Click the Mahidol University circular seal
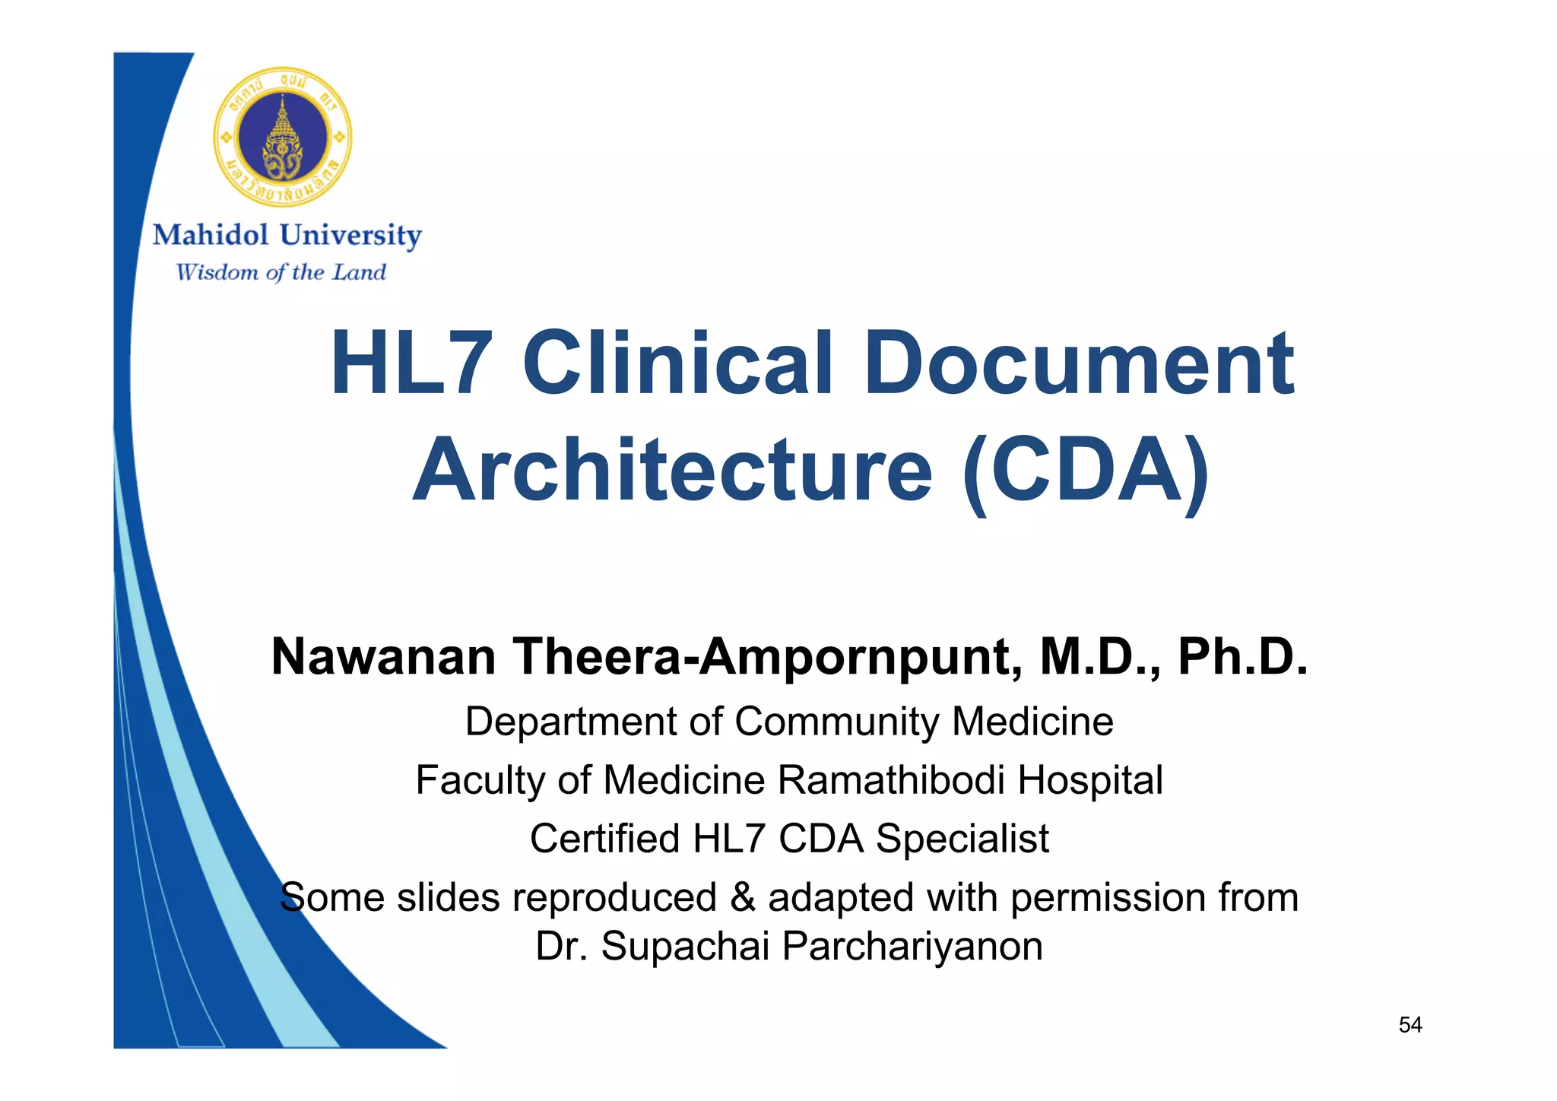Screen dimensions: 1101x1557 click(282, 137)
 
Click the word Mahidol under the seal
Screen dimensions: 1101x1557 click(211, 235)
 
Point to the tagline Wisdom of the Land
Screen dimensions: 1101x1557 click(281, 272)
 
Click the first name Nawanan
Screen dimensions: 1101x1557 click(384, 656)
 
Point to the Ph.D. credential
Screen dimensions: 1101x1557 click(1242, 656)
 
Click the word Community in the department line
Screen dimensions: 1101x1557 click(836, 721)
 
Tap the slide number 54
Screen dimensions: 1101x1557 click(1410, 1025)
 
